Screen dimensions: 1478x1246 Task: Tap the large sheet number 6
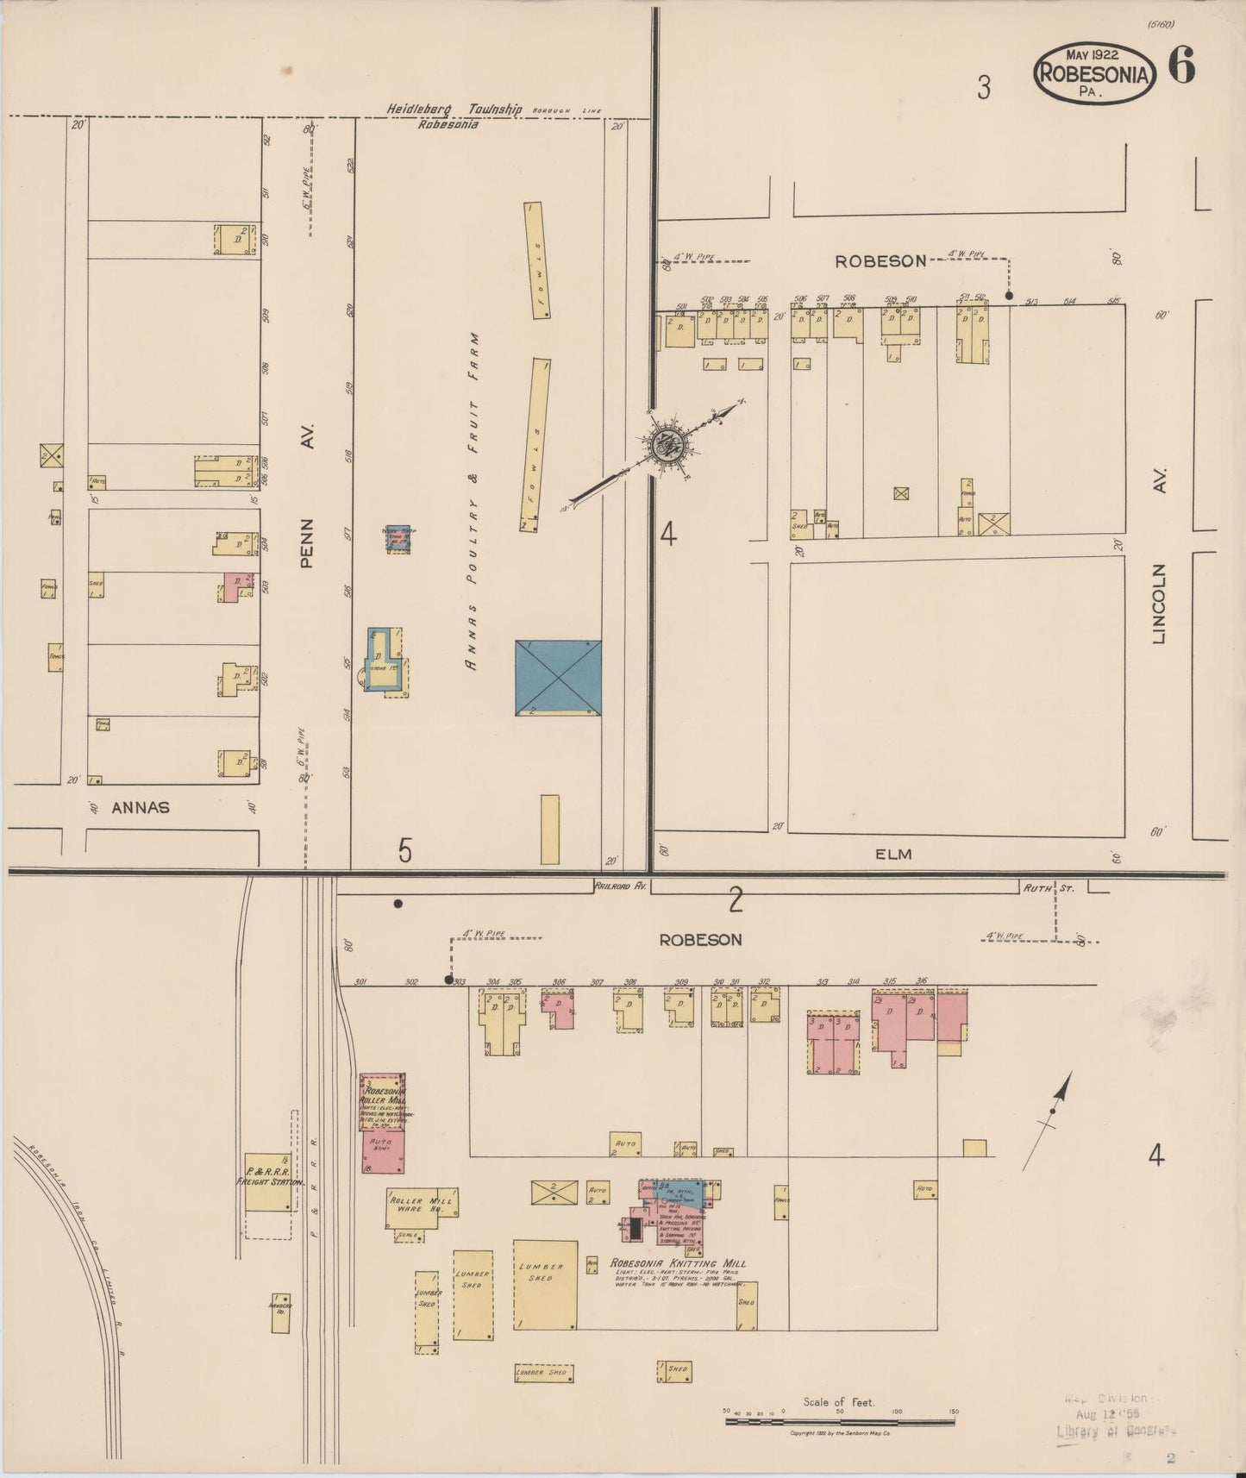(x=1182, y=66)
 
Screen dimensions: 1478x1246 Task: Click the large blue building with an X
(x=558, y=678)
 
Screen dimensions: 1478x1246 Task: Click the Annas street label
(x=141, y=808)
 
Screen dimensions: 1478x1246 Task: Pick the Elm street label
(x=893, y=854)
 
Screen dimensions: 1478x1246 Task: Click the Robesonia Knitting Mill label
(x=678, y=1264)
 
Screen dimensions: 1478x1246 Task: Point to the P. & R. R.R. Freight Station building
(x=267, y=1181)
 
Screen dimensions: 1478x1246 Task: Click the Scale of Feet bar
(x=840, y=1421)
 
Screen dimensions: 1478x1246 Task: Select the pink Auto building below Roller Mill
(x=382, y=1152)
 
